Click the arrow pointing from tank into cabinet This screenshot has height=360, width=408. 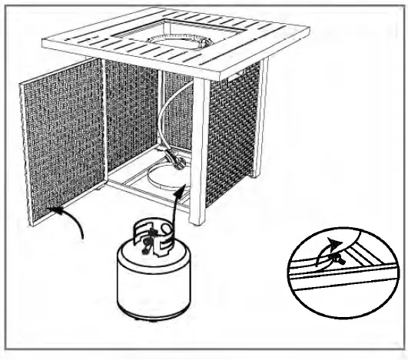pyautogui.click(x=178, y=200)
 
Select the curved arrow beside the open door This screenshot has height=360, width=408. pyautogui.click(x=73, y=223)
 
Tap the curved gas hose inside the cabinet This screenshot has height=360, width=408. pyautogui.click(x=171, y=115)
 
